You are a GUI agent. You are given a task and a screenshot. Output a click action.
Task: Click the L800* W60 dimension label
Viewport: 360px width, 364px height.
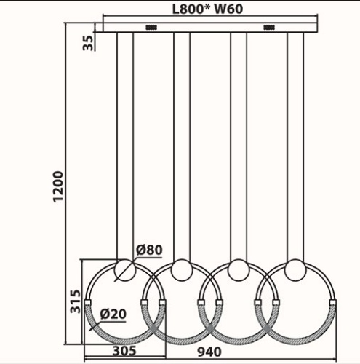(207, 9)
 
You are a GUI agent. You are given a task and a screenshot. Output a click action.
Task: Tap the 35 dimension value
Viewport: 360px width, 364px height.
(88, 43)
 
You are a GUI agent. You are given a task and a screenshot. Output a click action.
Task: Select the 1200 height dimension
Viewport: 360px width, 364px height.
(58, 186)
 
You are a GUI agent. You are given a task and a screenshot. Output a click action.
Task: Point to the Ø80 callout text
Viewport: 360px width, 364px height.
(149, 250)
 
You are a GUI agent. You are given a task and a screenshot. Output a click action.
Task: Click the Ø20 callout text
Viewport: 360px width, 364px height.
(113, 314)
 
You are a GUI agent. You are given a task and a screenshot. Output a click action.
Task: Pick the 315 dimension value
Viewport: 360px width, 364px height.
(75, 301)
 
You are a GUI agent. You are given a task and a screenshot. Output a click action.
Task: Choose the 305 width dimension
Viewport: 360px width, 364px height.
(124, 350)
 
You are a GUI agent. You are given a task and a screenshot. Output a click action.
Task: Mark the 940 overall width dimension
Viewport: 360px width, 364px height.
(209, 352)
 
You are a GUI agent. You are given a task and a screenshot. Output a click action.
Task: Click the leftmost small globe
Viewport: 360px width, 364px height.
(125, 270)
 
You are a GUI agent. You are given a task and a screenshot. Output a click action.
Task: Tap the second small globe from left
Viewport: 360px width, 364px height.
(182, 270)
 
